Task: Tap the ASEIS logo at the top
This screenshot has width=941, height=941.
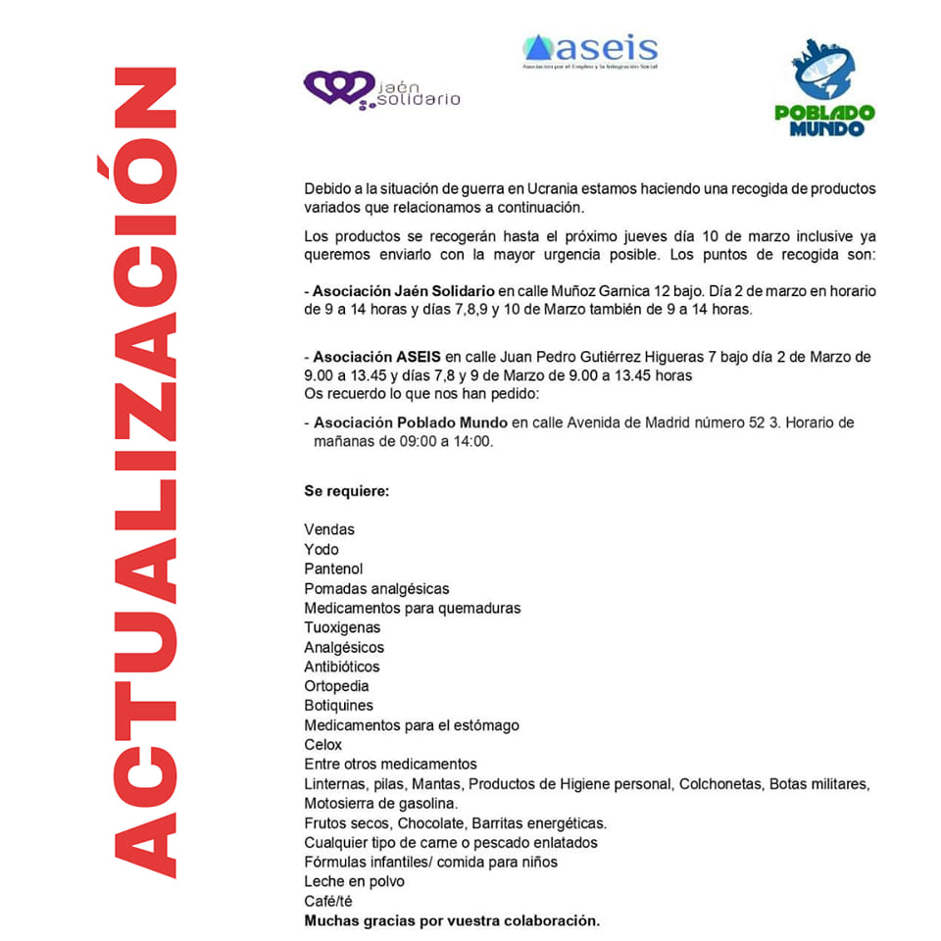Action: [590, 49]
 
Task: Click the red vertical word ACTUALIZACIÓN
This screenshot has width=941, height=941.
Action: [145, 470]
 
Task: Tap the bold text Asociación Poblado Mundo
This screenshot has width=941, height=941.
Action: [410, 422]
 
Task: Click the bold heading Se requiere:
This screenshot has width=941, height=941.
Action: [346, 490]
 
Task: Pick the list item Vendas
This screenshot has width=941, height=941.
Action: [329, 529]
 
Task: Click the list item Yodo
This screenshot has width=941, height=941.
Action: [322, 549]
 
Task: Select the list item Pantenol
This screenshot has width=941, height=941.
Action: [333, 569]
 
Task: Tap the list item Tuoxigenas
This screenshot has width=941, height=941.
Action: [342, 627]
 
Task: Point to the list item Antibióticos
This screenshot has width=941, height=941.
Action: [342, 667]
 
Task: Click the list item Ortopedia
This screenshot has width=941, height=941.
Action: [336, 686]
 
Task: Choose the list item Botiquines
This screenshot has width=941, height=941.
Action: [338, 706]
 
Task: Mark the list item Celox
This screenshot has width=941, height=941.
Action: [323, 745]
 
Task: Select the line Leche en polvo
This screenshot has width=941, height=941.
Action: [354, 881]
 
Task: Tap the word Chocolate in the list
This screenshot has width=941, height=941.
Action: [433, 822]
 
